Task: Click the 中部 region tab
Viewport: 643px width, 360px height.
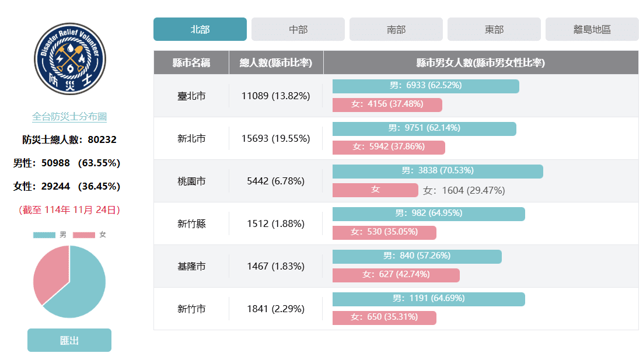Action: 298,29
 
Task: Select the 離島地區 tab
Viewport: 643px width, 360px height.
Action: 592,29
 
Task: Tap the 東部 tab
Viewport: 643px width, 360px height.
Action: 494,29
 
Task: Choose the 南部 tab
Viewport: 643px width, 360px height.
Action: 396,29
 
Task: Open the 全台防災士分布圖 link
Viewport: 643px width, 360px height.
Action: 69,117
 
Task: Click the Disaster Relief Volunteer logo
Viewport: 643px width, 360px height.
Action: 69,59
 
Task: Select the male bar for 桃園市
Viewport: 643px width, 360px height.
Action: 438,171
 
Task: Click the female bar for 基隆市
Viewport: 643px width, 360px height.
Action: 396,275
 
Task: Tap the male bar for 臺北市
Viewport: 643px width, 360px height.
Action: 425,86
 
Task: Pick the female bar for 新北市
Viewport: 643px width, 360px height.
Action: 389,147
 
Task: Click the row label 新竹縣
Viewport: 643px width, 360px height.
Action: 191,224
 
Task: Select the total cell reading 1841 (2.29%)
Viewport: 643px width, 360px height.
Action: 275,309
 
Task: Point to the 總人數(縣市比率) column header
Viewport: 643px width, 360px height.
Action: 276,63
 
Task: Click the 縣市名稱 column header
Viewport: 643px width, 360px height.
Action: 191,63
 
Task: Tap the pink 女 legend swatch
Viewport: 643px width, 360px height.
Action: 84,235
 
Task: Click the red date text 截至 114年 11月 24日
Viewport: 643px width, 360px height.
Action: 69,209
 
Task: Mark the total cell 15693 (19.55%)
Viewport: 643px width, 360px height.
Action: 275,139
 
